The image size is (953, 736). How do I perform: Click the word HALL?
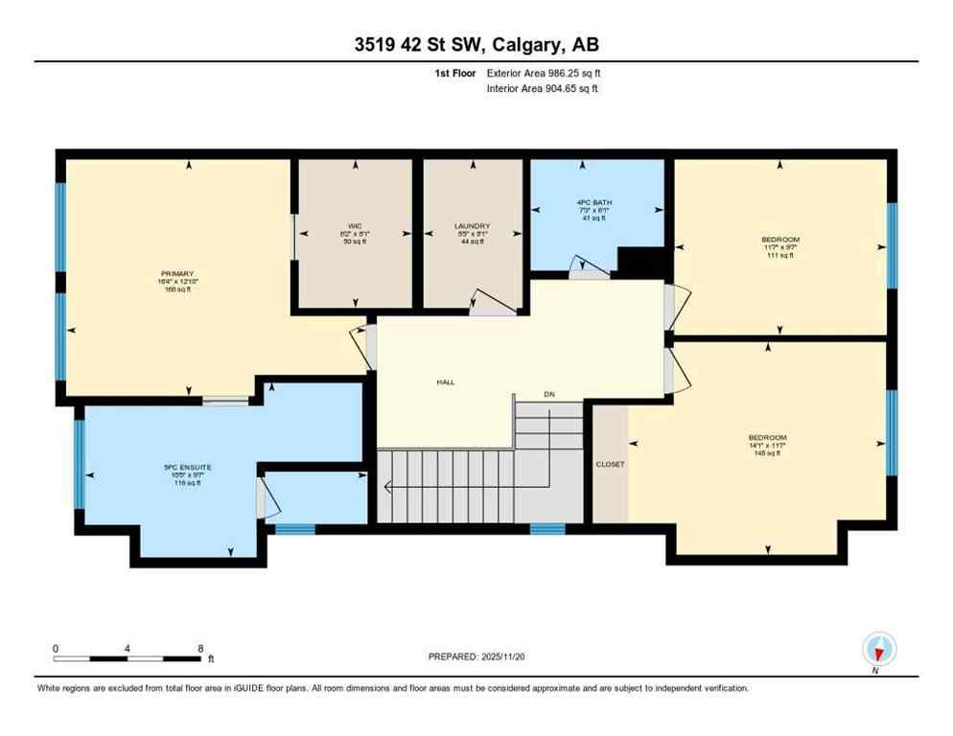pos(445,381)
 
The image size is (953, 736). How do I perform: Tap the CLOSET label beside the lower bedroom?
pos(609,464)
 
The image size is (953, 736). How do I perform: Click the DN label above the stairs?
pos(548,395)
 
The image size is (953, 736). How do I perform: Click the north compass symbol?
pos(878,649)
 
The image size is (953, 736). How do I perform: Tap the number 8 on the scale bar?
pos(199,649)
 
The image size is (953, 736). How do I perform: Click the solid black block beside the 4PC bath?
pos(640,261)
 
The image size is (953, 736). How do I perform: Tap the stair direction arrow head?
pos(388,487)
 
